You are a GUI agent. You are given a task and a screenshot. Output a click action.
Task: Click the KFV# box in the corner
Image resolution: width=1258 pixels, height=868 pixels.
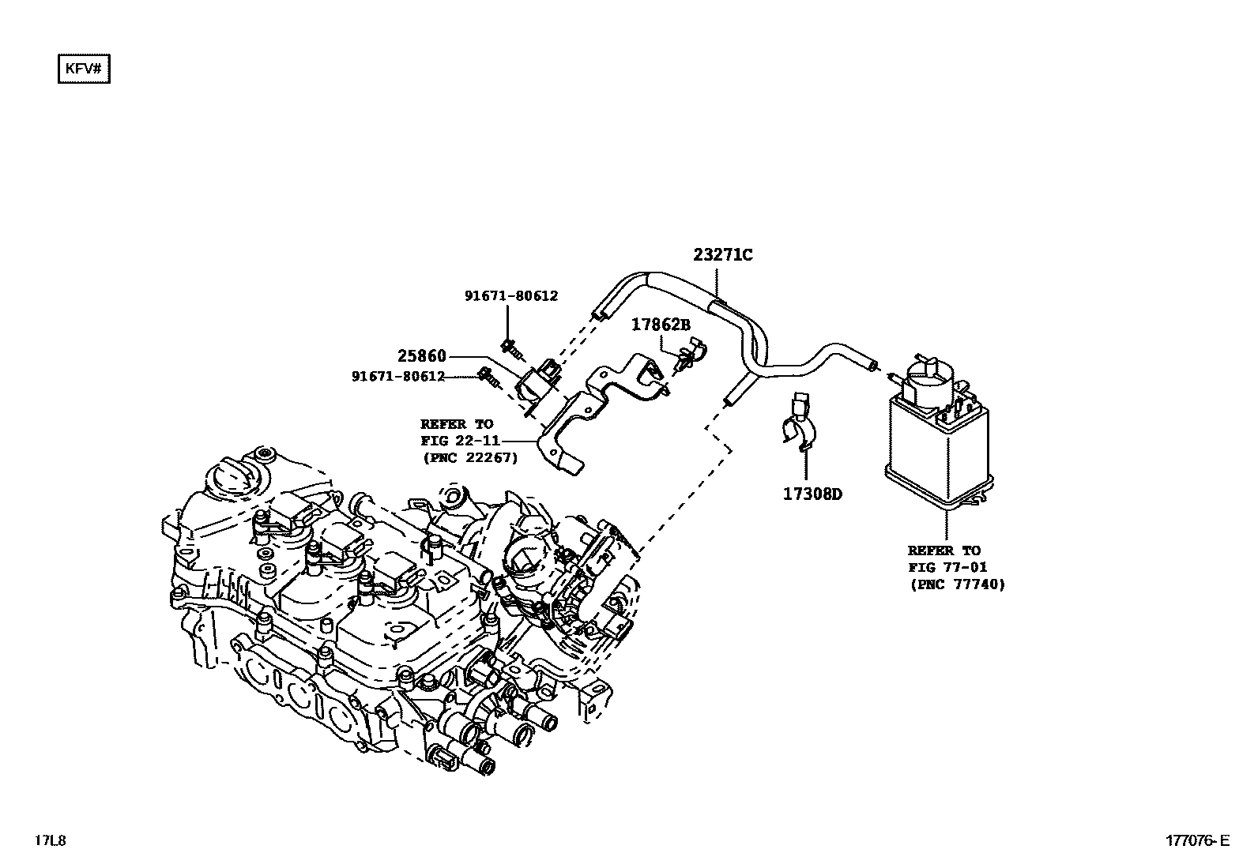(x=83, y=69)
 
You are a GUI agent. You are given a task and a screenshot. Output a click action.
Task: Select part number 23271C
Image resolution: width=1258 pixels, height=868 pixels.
(x=723, y=255)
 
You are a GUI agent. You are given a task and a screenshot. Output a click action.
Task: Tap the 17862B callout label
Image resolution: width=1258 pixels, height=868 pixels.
(x=661, y=325)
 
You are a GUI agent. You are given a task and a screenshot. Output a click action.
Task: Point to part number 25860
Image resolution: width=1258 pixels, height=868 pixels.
(x=421, y=356)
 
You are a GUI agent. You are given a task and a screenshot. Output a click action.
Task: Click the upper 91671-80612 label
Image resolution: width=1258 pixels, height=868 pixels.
(x=510, y=296)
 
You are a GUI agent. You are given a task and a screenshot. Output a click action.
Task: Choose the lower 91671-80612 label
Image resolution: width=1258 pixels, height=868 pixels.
(x=398, y=377)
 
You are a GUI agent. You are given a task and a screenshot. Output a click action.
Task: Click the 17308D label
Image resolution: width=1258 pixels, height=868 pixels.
(x=812, y=494)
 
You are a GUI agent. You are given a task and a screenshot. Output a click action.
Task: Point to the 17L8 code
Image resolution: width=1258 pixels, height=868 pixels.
(x=49, y=840)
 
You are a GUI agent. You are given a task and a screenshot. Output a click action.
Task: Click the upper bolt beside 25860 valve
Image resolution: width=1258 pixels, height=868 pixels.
(x=509, y=344)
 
